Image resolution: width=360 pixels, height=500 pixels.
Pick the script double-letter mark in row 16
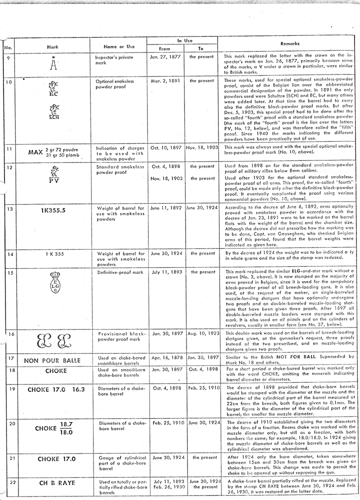pyautogui.click(x=53, y=342)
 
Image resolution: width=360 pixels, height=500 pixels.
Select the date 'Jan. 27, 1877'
pyautogui.click(x=164, y=57)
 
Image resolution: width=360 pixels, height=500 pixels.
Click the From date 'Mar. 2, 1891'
pyautogui.click(x=164, y=80)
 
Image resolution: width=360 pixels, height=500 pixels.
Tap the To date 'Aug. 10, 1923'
pyautogui.click(x=200, y=332)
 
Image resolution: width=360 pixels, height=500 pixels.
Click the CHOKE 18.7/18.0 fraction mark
pyautogui.click(x=53, y=428)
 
